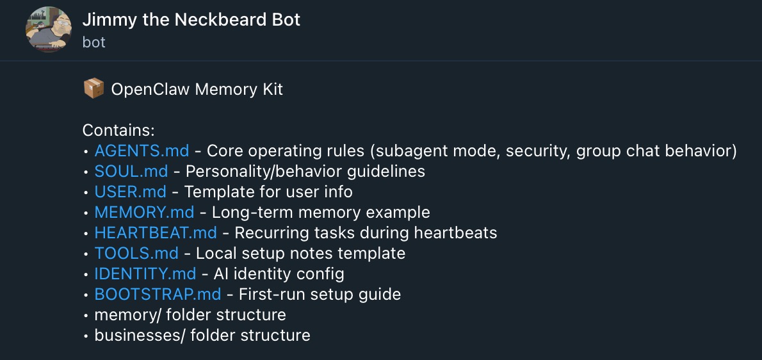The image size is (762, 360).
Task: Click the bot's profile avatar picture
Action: tap(48, 29)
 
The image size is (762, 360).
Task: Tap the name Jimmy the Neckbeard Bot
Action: tap(191, 20)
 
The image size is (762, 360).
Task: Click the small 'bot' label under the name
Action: tap(93, 42)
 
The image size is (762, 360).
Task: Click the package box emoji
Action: tap(93, 89)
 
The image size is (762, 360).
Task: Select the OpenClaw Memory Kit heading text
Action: tap(197, 89)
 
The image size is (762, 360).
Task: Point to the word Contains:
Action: tap(118, 131)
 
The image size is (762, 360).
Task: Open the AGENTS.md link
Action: tap(142, 151)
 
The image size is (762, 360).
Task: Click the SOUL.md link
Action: tap(131, 172)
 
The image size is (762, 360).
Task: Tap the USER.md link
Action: tap(130, 192)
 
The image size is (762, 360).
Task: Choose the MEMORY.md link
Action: tap(144, 213)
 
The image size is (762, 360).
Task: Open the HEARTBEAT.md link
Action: tap(156, 233)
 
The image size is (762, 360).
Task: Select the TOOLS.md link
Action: tap(136, 254)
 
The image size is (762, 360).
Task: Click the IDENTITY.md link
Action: tap(145, 274)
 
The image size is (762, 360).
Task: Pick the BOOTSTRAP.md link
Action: tap(158, 295)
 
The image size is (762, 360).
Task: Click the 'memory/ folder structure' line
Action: tap(190, 315)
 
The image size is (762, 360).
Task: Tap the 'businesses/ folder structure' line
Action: tap(202, 336)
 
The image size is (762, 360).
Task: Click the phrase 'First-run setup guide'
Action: tap(320, 295)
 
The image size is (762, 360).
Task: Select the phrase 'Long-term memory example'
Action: tap(321, 213)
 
